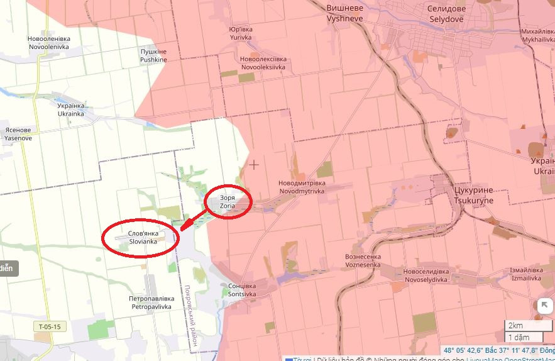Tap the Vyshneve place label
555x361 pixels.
(343, 14)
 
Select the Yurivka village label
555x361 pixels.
(240, 33)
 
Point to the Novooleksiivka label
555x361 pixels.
(263, 63)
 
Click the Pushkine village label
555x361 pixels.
(153, 55)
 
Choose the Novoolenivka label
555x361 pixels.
(48, 42)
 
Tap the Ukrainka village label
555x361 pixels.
(71, 110)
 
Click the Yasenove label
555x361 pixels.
(18, 134)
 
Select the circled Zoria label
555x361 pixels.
(228, 201)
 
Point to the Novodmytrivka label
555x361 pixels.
(307, 187)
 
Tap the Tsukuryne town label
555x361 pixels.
(473, 196)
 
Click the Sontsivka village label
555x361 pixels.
(242, 290)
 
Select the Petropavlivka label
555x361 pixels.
(151, 303)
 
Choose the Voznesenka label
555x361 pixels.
(363, 261)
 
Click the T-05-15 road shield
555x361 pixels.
(50, 326)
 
